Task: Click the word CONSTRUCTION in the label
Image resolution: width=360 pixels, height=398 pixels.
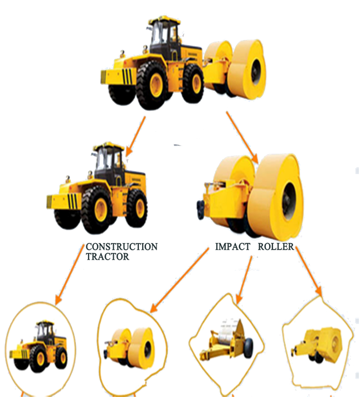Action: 121,246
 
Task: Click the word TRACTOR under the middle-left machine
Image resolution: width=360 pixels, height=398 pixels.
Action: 108,256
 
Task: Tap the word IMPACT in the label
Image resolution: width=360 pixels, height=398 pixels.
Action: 232,246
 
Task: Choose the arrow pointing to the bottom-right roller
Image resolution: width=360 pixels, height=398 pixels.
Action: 309,273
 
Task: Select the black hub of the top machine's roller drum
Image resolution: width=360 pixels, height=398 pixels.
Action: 257,70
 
